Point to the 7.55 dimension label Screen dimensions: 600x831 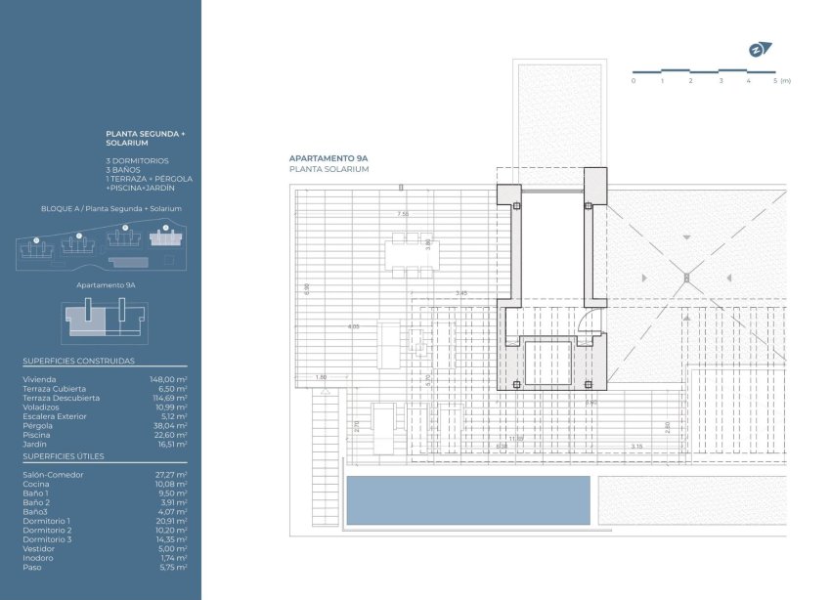coord(402,214)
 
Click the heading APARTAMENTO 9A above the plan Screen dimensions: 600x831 coord(328,158)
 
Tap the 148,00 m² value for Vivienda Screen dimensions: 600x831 coord(167,379)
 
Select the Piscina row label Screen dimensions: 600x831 coord(36,435)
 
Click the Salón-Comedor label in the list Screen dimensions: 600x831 coord(53,475)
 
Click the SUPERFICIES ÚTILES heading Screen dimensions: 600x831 coord(63,456)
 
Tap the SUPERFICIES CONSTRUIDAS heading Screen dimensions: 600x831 coord(78,361)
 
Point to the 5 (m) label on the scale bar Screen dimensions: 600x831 coord(780,80)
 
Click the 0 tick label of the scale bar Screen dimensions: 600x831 coord(634,80)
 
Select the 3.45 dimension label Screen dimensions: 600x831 coord(462,293)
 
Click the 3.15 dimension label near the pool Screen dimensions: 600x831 coord(636,447)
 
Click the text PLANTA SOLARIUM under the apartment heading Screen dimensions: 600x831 coord(328,169)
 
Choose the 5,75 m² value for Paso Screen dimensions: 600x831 coord(173,567)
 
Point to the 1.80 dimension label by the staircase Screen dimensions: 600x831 coord(321,377)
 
